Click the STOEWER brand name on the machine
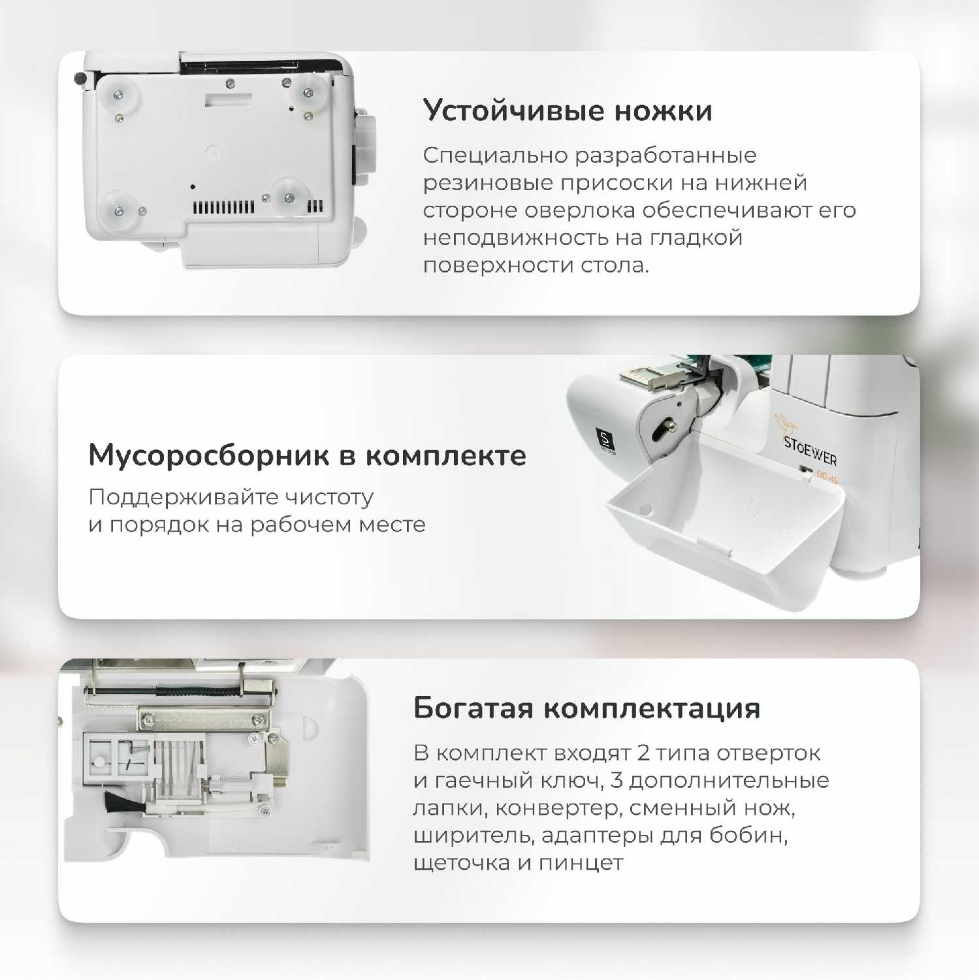tap(810, 451)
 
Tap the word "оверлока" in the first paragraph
tap(580, 210)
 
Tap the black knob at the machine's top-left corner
tap(81, 78)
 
